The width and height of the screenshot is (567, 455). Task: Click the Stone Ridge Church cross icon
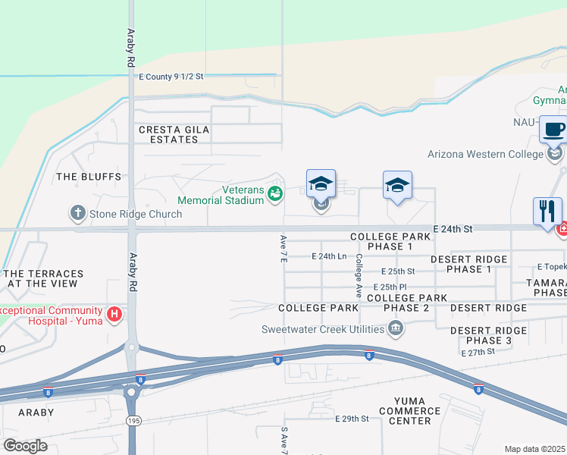pos(78,213)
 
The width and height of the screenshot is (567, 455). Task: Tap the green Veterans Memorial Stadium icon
pos(275,195)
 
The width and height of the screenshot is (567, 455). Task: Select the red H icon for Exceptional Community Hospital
pos(114,314)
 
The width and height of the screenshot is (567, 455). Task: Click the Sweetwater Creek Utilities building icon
pos(395,328)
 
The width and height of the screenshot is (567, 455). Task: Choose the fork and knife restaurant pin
pos(547,211)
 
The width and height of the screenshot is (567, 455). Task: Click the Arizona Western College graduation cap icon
pos(556,154)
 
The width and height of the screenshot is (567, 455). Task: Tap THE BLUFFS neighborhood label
pos(89,177)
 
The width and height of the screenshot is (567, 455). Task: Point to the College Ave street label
pos(358,274)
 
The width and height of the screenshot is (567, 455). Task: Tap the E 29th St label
pos(352,419)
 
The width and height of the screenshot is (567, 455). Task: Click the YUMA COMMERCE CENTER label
pos(412,410)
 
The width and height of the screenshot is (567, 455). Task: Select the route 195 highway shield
pos(131,419)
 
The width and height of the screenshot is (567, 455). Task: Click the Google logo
pos(25,446)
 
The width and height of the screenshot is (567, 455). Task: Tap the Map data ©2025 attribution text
pos(535,449)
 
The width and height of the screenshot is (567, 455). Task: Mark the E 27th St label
pos(478,353)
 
